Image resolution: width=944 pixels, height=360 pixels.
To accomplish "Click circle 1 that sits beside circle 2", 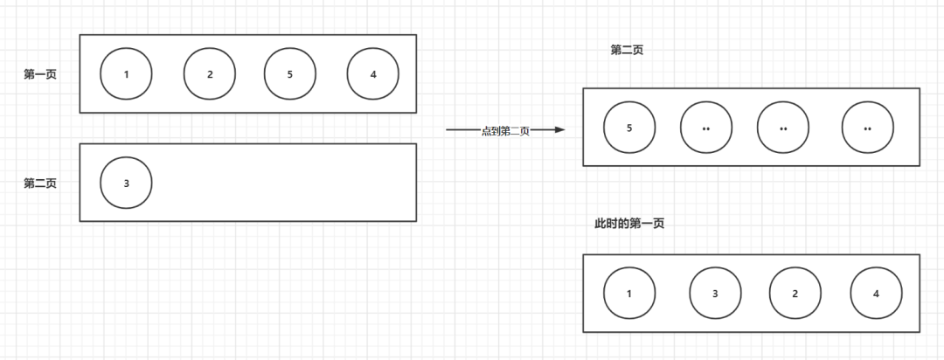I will (126, 73).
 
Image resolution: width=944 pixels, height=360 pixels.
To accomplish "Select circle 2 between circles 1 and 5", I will (210, 73).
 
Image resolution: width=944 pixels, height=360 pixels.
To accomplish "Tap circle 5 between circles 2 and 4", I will (290, 73).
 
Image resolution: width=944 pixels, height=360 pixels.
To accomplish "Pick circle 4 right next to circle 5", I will (373, 73).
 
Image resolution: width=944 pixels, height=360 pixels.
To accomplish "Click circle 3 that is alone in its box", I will (126, 183).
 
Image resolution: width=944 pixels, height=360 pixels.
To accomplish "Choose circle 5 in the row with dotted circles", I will (629, 128).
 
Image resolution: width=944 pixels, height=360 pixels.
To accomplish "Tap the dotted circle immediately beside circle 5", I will (706, 128).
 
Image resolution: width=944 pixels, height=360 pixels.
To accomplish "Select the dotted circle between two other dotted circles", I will (783, 128).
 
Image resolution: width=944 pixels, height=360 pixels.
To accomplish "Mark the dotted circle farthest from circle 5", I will (868, 128).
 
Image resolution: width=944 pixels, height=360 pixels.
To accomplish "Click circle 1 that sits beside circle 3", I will (629, 293).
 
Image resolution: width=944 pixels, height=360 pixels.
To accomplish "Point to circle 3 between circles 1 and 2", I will (715, 293).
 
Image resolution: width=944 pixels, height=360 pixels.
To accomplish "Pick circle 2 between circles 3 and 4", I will (795, 293).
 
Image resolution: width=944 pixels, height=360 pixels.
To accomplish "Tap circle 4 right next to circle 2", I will (876, 293).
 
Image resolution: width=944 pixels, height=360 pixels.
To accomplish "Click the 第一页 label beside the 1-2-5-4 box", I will (40, 74).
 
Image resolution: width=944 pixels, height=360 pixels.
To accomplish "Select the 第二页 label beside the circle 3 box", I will (40, 183).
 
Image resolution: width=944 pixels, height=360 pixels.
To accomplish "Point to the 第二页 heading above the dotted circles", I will (627, 50).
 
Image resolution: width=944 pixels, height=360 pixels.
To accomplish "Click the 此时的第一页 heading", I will (629, 224).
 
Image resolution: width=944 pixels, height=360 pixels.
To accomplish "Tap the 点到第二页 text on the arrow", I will (505, 131).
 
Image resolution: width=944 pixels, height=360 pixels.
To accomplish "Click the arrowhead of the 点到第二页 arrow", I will (560, 129).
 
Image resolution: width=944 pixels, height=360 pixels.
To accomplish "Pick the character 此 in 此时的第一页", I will (600, 224).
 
